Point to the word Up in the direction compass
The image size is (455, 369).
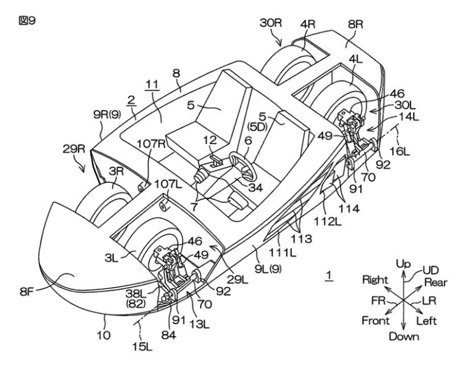click(x=403, y=266)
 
